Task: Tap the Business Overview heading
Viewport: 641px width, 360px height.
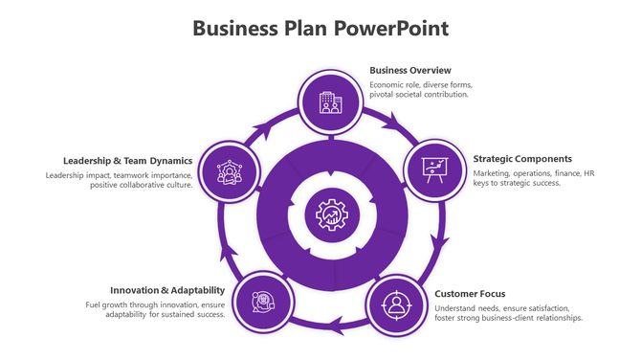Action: coord(410,70)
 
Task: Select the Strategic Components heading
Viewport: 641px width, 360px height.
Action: coord(522,159)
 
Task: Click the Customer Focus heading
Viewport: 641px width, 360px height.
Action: coord(470,294)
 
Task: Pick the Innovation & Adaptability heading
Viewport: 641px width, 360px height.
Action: coord(167,290)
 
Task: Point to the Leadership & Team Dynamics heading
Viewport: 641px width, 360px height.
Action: coord(128,161)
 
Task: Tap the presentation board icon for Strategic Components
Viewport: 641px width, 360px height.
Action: coord(435,169)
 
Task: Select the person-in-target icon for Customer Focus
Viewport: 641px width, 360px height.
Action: coord(395,305)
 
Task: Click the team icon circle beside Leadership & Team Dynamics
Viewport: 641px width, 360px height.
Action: coord(230,171)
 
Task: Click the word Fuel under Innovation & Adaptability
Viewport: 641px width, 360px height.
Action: coord(94,304)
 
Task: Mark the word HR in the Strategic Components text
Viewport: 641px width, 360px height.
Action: coord(589,173)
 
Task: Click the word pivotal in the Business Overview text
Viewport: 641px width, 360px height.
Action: coord(384,95)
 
